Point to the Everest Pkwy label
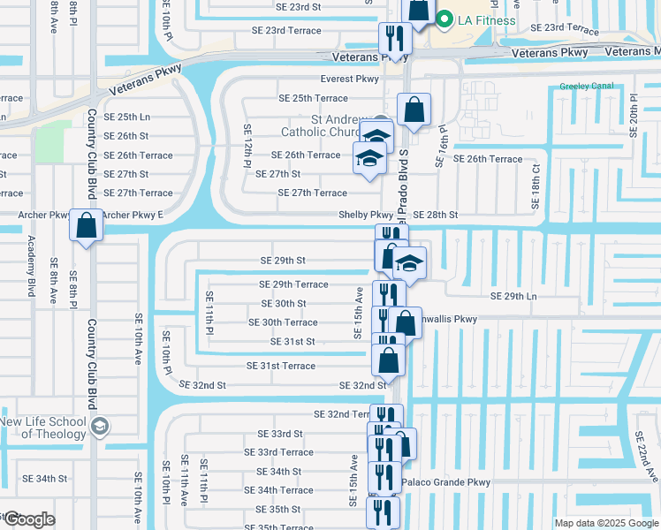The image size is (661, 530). click(349, 79)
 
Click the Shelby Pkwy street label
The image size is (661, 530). click(366, 215)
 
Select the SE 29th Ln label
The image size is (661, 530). click(513, 295)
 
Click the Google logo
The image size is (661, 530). click(28, 519)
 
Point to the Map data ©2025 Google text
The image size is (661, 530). click(606, 523)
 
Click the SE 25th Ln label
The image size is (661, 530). click(126, 117)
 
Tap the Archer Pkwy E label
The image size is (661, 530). click(133, 215)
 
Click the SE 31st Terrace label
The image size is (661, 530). click(280, 366)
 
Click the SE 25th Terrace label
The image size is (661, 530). click(313, 98)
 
